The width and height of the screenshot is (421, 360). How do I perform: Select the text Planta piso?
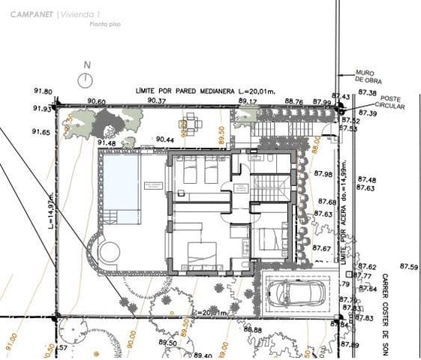pos(104,25)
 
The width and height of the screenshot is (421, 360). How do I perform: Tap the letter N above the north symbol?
pos(87,64)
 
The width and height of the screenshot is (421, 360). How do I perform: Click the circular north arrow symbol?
pos(86,78)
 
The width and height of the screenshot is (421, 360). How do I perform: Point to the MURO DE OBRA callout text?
pos(368,76)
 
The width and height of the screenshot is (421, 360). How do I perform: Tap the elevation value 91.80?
pos(43,91)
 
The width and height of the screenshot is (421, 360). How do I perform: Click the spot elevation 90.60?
pos(96,101)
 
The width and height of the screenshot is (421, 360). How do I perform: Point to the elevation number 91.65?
pos(41,132)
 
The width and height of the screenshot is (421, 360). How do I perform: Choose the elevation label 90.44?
pos(164,139)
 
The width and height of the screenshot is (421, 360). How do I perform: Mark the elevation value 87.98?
pos(324,175)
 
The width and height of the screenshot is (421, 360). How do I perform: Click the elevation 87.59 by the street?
pos(409,267)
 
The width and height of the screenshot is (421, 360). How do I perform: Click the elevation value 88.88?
pos(252,330)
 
